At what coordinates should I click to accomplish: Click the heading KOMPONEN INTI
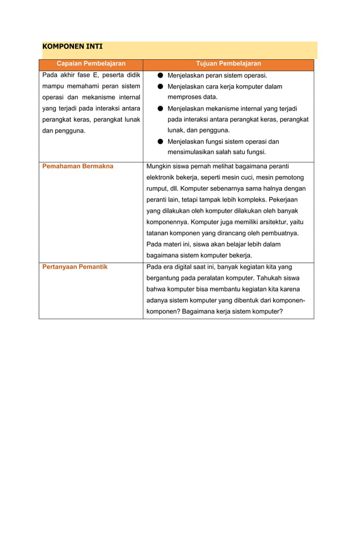tap(72, 46)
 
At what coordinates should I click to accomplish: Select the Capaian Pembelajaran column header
tap(91, 64)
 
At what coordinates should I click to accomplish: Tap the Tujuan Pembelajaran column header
tap(228, 64)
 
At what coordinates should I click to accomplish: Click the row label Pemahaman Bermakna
tap(78, 166)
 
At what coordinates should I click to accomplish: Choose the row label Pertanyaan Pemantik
tap(75, 267)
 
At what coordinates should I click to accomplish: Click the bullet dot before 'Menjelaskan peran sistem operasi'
tap(160, 76)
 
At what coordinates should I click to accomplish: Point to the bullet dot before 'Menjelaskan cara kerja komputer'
tap(160, 87)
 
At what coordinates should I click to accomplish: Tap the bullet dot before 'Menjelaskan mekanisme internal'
tap(160, 109)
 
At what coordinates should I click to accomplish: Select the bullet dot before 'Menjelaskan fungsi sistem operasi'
tap(160, 142)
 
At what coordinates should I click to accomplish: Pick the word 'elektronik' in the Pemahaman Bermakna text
tap(163, 178)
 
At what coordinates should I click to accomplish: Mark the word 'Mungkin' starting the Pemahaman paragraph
tap(159, 166)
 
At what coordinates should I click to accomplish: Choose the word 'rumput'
tap(157, 188)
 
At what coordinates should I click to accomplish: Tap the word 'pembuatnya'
tap(278, 233)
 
